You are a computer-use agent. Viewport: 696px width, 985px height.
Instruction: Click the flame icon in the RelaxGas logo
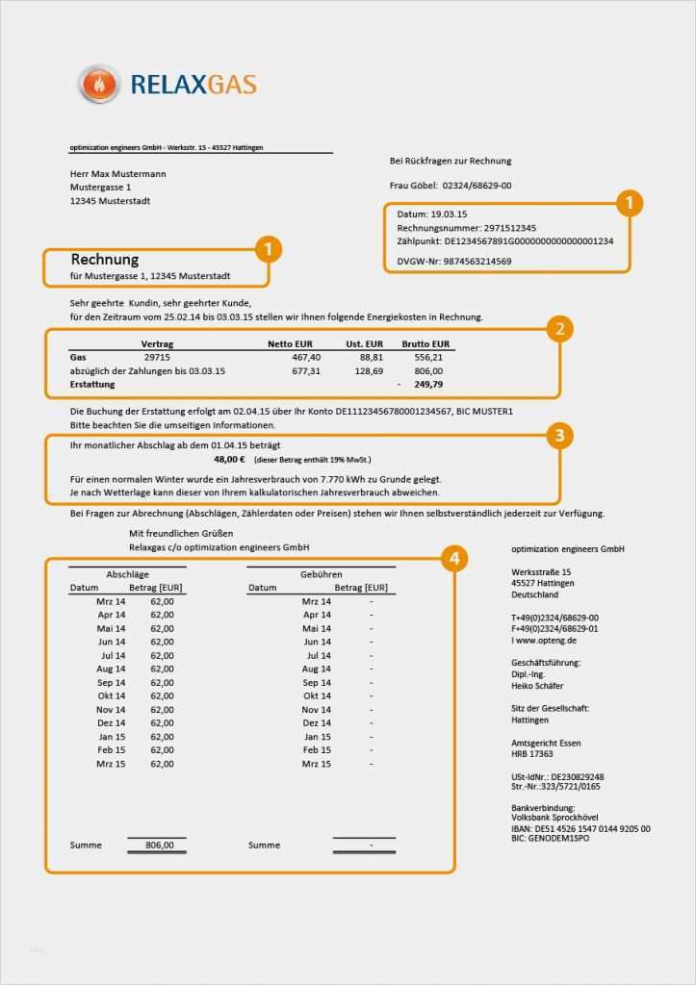(98, 85)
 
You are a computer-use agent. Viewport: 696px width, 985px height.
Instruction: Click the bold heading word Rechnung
(105, 260)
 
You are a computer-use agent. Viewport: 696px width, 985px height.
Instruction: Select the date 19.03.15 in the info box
(448, 213)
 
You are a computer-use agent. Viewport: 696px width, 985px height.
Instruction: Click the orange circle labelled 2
(558, 329)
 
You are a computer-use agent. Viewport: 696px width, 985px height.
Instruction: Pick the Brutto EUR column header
(425, 343)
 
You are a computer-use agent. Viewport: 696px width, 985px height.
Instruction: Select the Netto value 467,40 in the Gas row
(306, 357)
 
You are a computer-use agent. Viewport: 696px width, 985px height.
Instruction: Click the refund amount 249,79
(428, 384)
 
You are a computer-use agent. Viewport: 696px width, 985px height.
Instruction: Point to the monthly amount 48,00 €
(231, 460)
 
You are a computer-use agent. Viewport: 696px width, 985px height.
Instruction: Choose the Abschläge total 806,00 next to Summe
(159, 845)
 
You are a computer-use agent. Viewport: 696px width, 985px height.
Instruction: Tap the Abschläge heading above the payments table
(127, 573)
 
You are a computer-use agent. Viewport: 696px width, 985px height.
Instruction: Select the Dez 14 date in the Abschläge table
(112, 722)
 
